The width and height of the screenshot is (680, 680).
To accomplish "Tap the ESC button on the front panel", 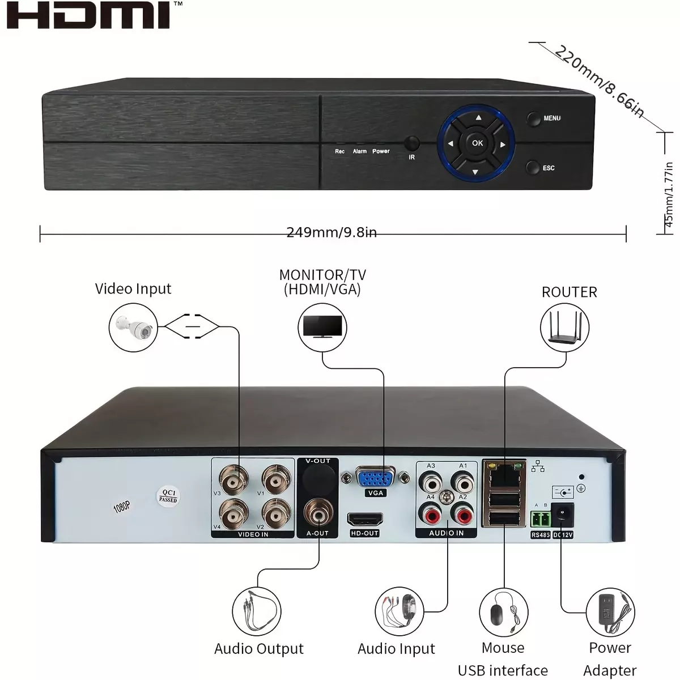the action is click(x=533, y=167).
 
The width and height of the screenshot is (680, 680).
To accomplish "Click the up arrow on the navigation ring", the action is click(x=478, y=117).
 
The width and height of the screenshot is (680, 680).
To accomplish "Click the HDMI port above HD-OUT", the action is click(x=365, y=519).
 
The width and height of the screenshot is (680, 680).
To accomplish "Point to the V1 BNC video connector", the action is click(x=277, y=479).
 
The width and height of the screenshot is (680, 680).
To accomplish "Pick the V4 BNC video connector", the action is click(x=233, y=514).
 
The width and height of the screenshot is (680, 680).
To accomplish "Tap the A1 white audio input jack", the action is click(x=462, y=482).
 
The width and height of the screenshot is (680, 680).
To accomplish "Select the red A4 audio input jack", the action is click(x=430, y=514).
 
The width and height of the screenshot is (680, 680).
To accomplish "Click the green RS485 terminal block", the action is click(x=540, y=518).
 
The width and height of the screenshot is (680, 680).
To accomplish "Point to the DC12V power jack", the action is click(x=562, y=516).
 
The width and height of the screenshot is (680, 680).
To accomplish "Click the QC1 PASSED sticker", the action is click(x=168, y=496).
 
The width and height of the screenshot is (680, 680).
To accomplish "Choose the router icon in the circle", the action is click(x=564, y=327).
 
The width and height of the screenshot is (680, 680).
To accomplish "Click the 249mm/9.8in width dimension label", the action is click(x=331, y=232).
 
